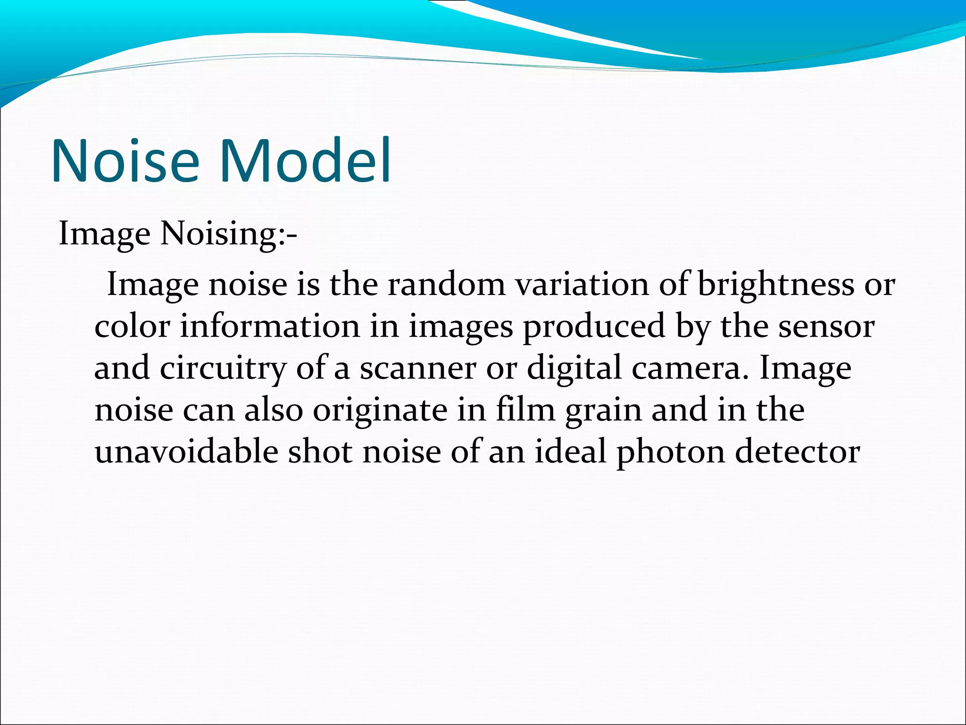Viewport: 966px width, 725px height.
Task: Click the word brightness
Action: (x=775, y=285)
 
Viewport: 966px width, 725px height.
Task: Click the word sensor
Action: (x=826, y=327)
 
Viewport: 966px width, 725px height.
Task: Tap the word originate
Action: (x=380, y=410)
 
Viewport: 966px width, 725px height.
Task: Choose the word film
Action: (x=525, y=410)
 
